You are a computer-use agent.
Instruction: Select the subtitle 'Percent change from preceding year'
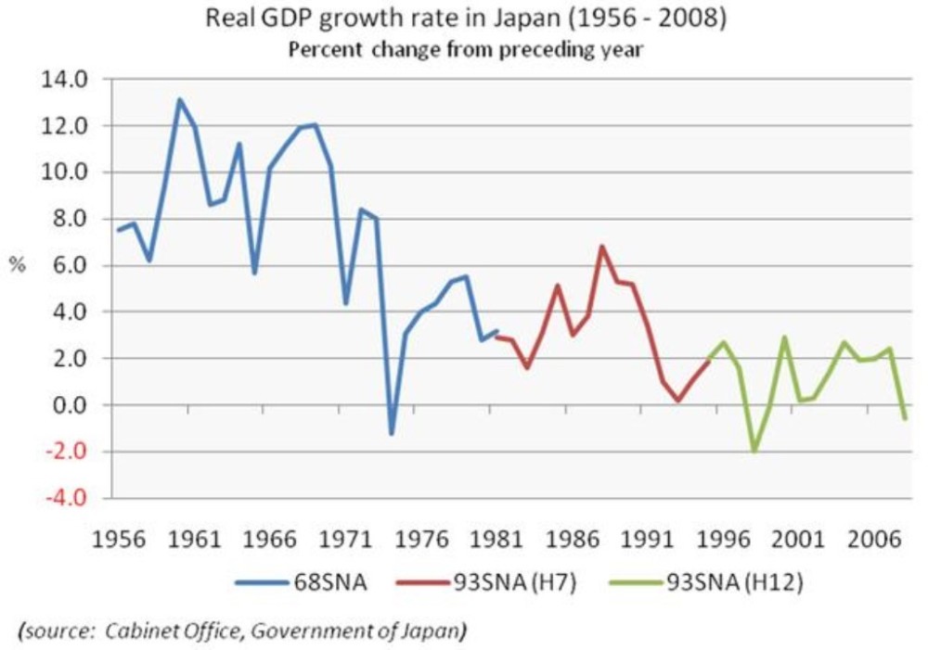[464, 50]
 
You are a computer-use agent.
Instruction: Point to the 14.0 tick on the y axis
[64, 80]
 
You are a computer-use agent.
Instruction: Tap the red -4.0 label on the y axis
[64, 499]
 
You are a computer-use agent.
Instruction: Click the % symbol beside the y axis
[17, 265]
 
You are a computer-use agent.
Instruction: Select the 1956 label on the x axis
[119, 540]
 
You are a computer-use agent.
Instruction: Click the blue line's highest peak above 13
[179, 99]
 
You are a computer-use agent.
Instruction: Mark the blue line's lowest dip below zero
[392, 434]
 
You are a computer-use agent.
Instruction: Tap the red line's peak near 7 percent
[603, 247]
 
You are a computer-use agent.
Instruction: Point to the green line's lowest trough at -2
[754, 451]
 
